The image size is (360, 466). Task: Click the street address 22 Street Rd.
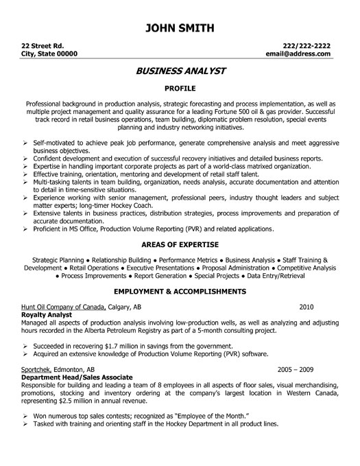point(38,42)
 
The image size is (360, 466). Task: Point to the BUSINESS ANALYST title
point(180,71)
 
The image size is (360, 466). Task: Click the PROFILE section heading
point(180,88)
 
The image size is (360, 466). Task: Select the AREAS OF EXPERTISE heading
point(180,244)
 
